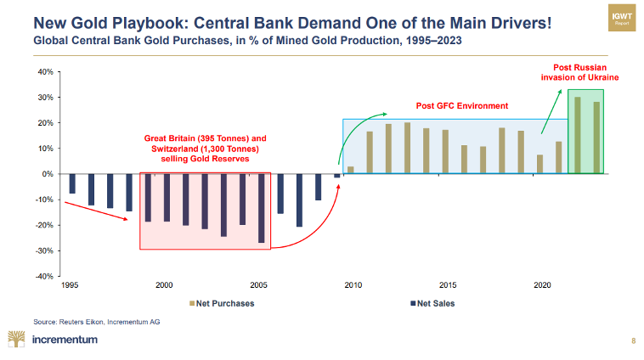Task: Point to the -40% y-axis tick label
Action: point(44,277)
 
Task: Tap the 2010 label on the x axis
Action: point(353,286)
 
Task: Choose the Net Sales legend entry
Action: point(435,303)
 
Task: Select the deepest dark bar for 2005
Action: point(261,208)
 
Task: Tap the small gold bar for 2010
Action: point(351,170)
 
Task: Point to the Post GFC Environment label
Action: point(461,106)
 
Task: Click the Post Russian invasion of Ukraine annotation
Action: point(579,72)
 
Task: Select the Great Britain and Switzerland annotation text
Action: point(206,148)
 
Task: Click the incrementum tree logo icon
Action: point(15,340)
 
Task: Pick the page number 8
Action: point(632,340)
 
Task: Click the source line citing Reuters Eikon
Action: point(96,322)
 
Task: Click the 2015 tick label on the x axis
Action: point(448,286)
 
